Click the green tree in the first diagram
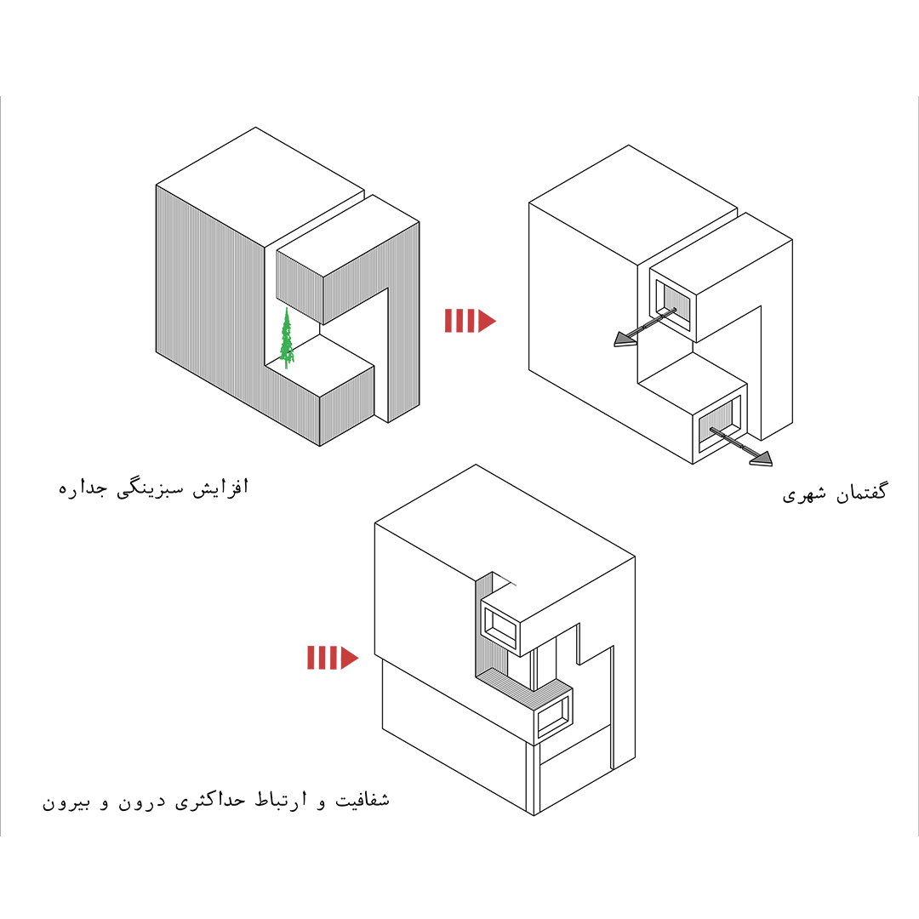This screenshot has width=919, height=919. click(x=286, y=339)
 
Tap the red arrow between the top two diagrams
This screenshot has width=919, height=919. click(x=470, y=321)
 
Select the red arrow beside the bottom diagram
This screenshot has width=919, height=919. click(x=333, y=658)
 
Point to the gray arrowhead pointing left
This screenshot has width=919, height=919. click(x=625, y=339)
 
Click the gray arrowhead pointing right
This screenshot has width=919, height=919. click(x=761, y=459)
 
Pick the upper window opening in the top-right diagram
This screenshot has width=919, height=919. click(x=673, y=304)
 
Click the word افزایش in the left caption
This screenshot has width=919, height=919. click(x=221, y=488)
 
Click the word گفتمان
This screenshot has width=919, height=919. click(x=861, y=493)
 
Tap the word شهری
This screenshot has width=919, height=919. click(x=804, y=494)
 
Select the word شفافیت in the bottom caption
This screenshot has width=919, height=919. click(x=362, y=799)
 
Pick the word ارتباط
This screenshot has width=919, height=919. click(x=281, y=800)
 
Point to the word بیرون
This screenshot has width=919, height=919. click(x=66, y=802)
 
